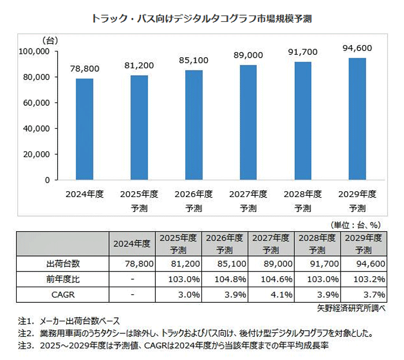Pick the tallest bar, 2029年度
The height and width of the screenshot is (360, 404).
tap(358, 118)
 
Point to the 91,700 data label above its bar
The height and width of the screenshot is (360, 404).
tap(303, 53)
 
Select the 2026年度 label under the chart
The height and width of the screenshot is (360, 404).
tap(194, 194)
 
